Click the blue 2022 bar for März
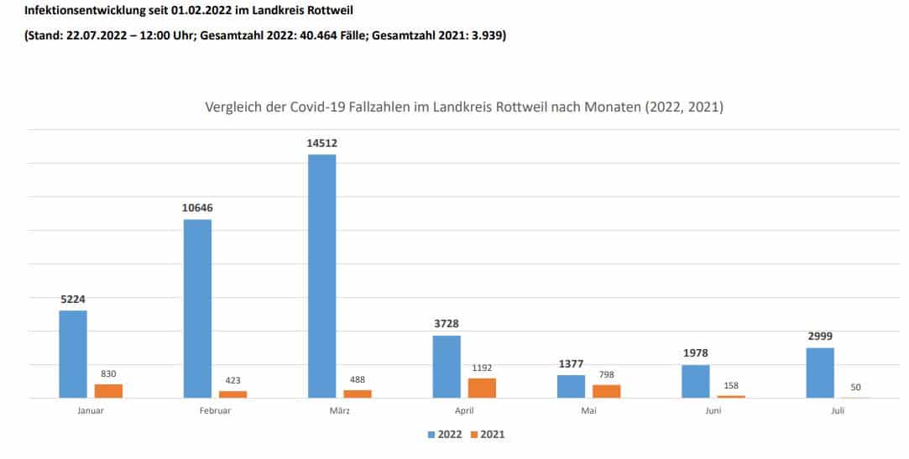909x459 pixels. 321,276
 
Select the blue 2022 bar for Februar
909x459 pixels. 197,309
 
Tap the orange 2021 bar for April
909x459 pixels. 482,388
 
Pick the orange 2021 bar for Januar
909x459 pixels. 108,391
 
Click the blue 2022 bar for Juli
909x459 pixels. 819,373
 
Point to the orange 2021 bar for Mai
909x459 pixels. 606,391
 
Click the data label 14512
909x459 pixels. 321,143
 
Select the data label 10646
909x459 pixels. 197,207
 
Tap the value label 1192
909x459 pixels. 482,368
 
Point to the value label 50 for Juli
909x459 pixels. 855,387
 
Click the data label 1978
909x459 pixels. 695,353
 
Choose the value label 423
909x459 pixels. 232,380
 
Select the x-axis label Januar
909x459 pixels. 90,411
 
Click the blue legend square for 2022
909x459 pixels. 431,435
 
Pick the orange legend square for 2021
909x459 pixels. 473,435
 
